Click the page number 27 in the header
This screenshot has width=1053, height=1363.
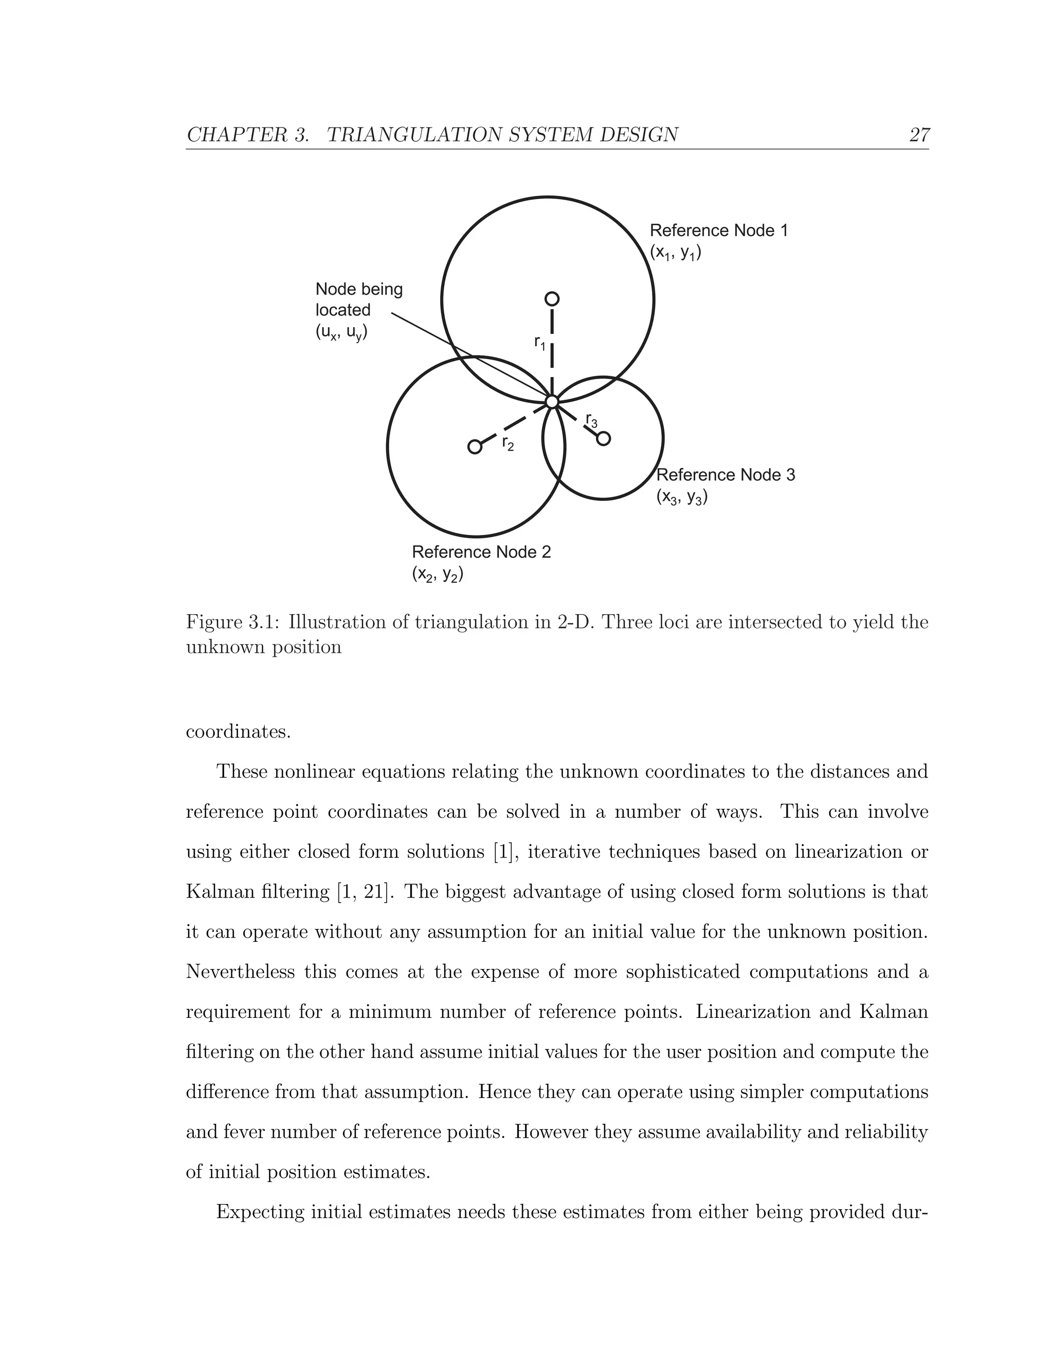[919, 135]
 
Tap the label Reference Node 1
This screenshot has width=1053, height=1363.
[719, 231]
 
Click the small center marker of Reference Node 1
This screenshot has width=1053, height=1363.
[552, 299]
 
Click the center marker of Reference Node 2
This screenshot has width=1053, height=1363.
[475, 447]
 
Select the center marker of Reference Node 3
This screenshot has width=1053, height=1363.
[603, 439]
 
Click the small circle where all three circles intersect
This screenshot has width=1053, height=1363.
[552, 401]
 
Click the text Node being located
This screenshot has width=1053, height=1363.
[359, 299]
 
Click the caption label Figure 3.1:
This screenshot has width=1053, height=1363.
[233, 622]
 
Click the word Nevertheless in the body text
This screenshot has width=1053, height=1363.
[240, 972]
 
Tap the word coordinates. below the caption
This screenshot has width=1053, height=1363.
[238, 731]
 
